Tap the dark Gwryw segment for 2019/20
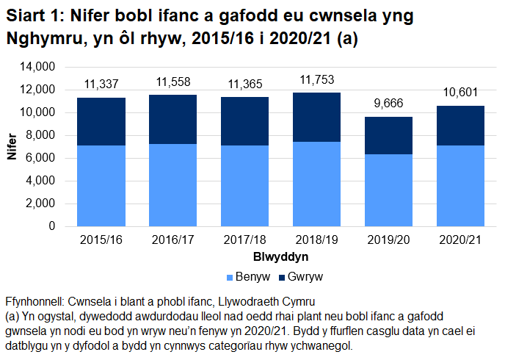[x=389, y=135]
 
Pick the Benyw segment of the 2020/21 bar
[x=460, y=186]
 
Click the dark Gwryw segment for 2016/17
[x=172, y=119]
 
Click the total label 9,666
[x=389, y=105]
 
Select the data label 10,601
[x=460, y=94]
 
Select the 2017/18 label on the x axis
[x=244, y=240]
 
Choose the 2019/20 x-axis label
[x=389, y=240]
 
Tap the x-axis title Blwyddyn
[x=280, y=257]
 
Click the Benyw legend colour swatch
[x=230, y=278]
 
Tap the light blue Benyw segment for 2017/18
[x=244, y=186]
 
